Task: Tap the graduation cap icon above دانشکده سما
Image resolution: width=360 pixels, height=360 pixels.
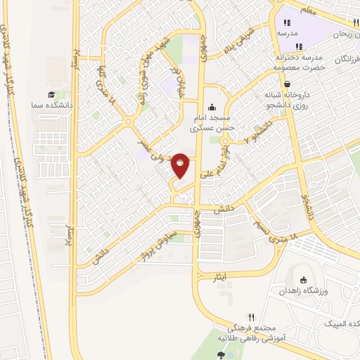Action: click(x=51, y=95)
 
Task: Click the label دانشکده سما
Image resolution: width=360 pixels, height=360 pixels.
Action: click(x=51, y=105)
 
